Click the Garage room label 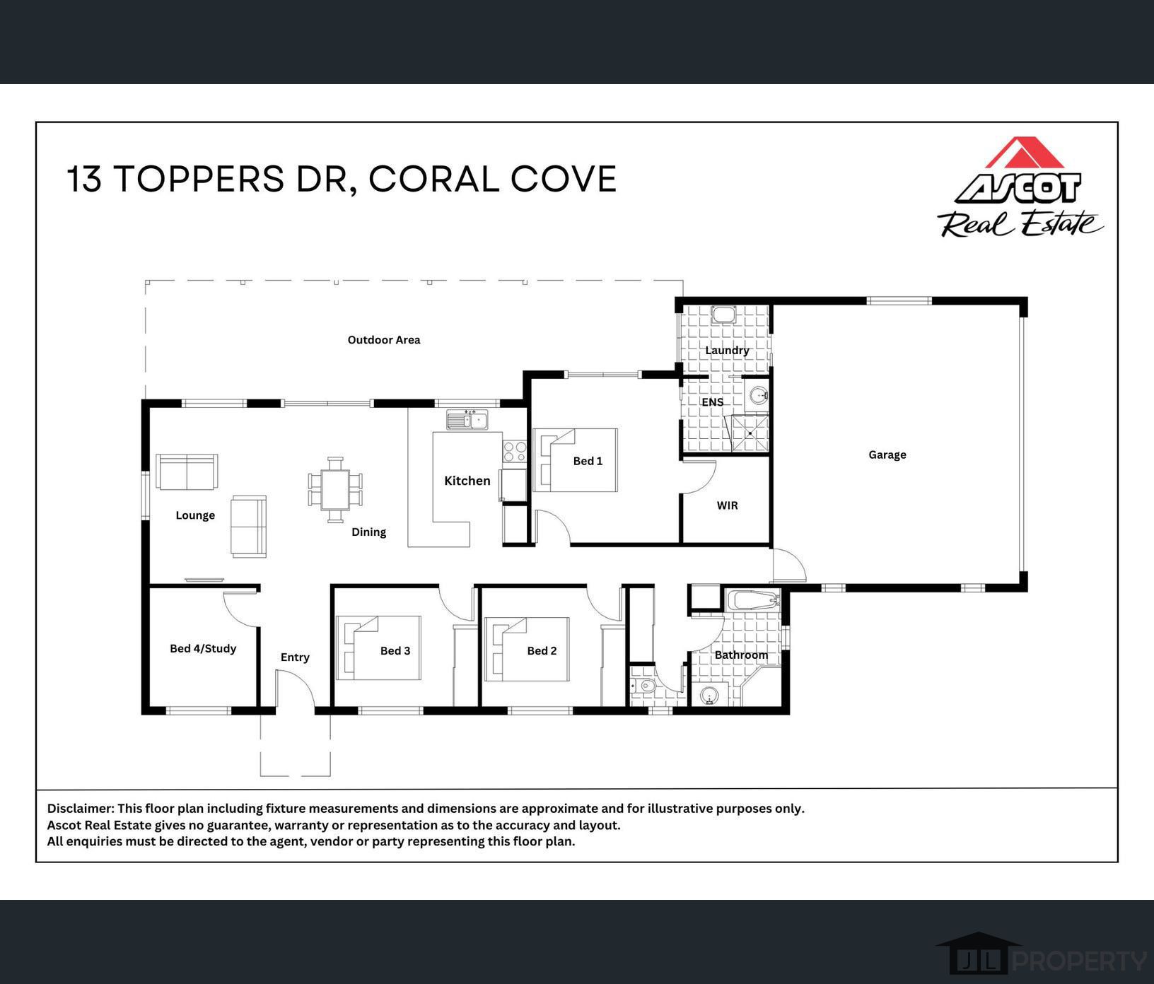[x=887, y=455]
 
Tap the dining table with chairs [x=335, y=488]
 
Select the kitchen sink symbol [x=467, y=420]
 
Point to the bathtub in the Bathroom [x=754, y=601]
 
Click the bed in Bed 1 [x=576, y=460]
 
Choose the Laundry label [x=726, y=350]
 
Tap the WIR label [x=727, y=505]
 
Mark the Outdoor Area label [x=383, y=340]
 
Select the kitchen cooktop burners [x=514, y=451]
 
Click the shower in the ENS [x=750, y=433]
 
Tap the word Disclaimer [x=80, y=808]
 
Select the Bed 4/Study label [x=203, y=648]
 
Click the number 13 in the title [x=84, y=179]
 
